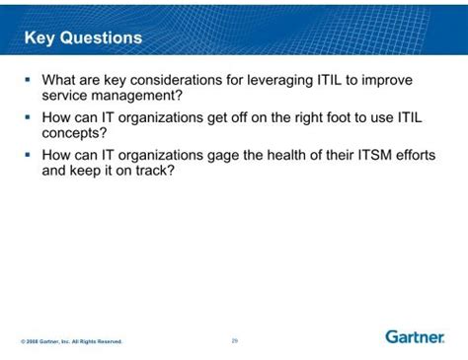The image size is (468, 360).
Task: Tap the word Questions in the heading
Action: [x=101, y=37]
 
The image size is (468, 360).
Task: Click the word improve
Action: [x=387, y=81]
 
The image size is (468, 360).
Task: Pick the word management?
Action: [x=136, y=97]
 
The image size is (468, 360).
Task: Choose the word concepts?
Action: [x=74, y=134]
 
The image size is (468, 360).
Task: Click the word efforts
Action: [x=416, y=155]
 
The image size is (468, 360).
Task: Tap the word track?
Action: [x=155, y=171]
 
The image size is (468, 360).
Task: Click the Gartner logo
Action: [x=415, y=337]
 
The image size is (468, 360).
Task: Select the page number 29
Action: [x=235, y=341]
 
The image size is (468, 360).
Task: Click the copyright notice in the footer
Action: [x=71, y=341]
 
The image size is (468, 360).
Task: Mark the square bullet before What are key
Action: [x=28, y=79]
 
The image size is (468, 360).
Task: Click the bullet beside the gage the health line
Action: [x=28, y=154]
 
